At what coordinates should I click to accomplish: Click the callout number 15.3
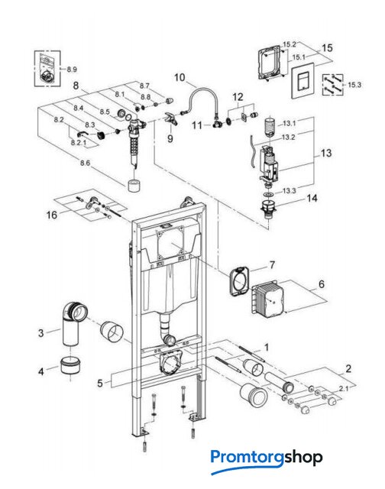click(354, 85)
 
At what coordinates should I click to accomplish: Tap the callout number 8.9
click(72, 70)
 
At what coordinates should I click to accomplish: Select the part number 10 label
click(180, 77)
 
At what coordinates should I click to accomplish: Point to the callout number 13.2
click(288, 138)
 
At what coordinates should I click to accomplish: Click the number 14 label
click(312, 198)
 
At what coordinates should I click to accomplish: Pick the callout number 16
click(52, 215)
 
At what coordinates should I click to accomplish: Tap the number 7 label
click(272, 265)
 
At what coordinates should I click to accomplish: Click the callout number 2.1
click(344, 388)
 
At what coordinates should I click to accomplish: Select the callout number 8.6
click(85, 163)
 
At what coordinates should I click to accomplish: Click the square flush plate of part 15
click(302, 80)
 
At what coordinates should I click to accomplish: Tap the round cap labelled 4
click(70, 366)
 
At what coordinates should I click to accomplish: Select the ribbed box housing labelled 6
click(267, 296)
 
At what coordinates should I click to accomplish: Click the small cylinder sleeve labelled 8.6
click(134, 185)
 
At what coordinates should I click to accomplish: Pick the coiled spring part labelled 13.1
click(270, 127)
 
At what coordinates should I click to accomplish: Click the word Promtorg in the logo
click(247, 458)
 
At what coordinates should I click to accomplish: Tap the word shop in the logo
click(303, 458)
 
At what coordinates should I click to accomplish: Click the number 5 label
click(100, 383)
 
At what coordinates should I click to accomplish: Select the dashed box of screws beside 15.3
click(332, 85)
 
